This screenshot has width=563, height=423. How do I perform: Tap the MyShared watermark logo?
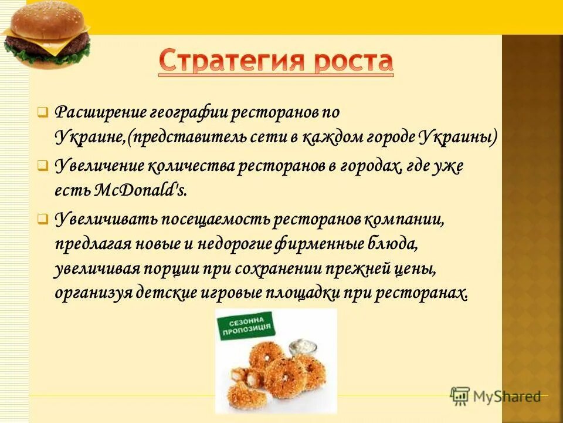pyautogui.click(x=496, y=396)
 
